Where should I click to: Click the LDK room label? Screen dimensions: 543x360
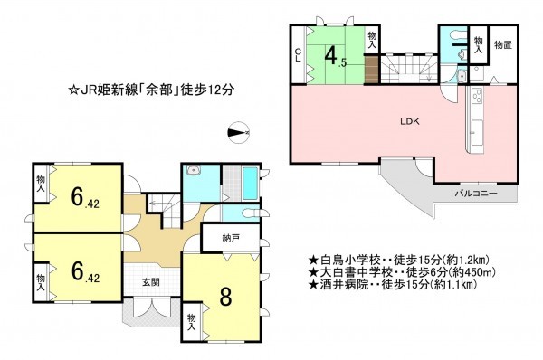pyautogui.click(x=410, y=121)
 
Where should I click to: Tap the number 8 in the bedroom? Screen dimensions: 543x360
pyautogui.click(x=225, y=297)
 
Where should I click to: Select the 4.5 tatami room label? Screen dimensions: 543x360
pyautogui.click(x=335, y=55)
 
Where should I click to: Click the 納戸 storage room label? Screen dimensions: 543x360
pyautogui.click(x=230, y=238)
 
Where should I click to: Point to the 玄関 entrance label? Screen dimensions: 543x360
pyautogui.click(x=151, y=282)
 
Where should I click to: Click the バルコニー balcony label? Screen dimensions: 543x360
pyautogui.click(x=476, y=194)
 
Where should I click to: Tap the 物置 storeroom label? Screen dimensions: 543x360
pyautogui.click(x=503, y=44)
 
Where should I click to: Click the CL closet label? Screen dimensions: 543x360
pyautogui.click(x=298, y=54)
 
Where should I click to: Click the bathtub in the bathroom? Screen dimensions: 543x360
pyautogui.click(x=250, y=184)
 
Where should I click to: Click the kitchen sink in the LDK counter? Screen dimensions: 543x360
pyautogui.click(x=477, y=133)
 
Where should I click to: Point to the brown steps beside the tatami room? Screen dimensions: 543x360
pyautogui.click(x=372, y=70)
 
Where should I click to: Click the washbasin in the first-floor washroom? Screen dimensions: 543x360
pyautogui.click(x=194, y=170)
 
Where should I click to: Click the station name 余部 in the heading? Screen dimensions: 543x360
pyautogui.click(x=157, y=90)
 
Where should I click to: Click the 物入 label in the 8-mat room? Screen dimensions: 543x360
pyautogui.click(x=192, y=322)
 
